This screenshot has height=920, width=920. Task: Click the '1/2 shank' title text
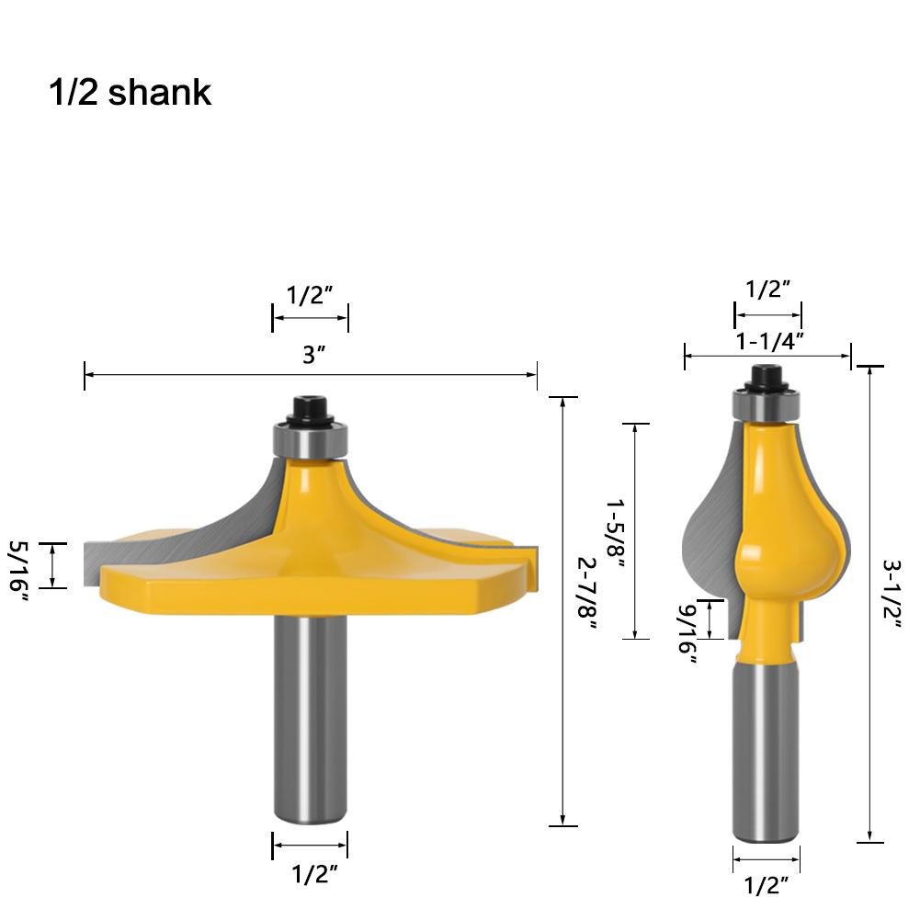130,92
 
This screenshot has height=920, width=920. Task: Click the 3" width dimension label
314,356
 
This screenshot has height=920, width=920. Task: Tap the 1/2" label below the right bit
767,885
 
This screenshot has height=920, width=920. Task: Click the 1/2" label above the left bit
310,295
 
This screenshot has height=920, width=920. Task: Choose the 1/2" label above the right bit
768,290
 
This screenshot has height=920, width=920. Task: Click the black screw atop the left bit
310,409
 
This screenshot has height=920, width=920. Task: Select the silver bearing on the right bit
766,404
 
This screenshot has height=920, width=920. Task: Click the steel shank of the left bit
310,717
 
